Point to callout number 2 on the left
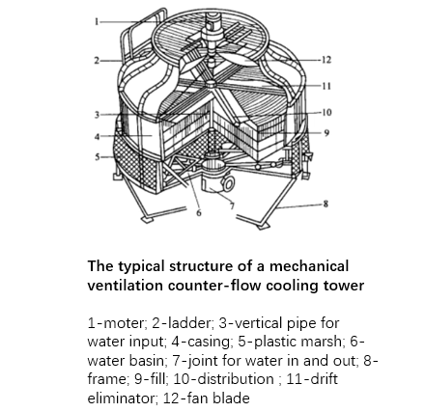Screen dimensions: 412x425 pyautogui.click(x=97, y=60)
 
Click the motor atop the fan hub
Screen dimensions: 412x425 pyautogui.click(x=211, y=37)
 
